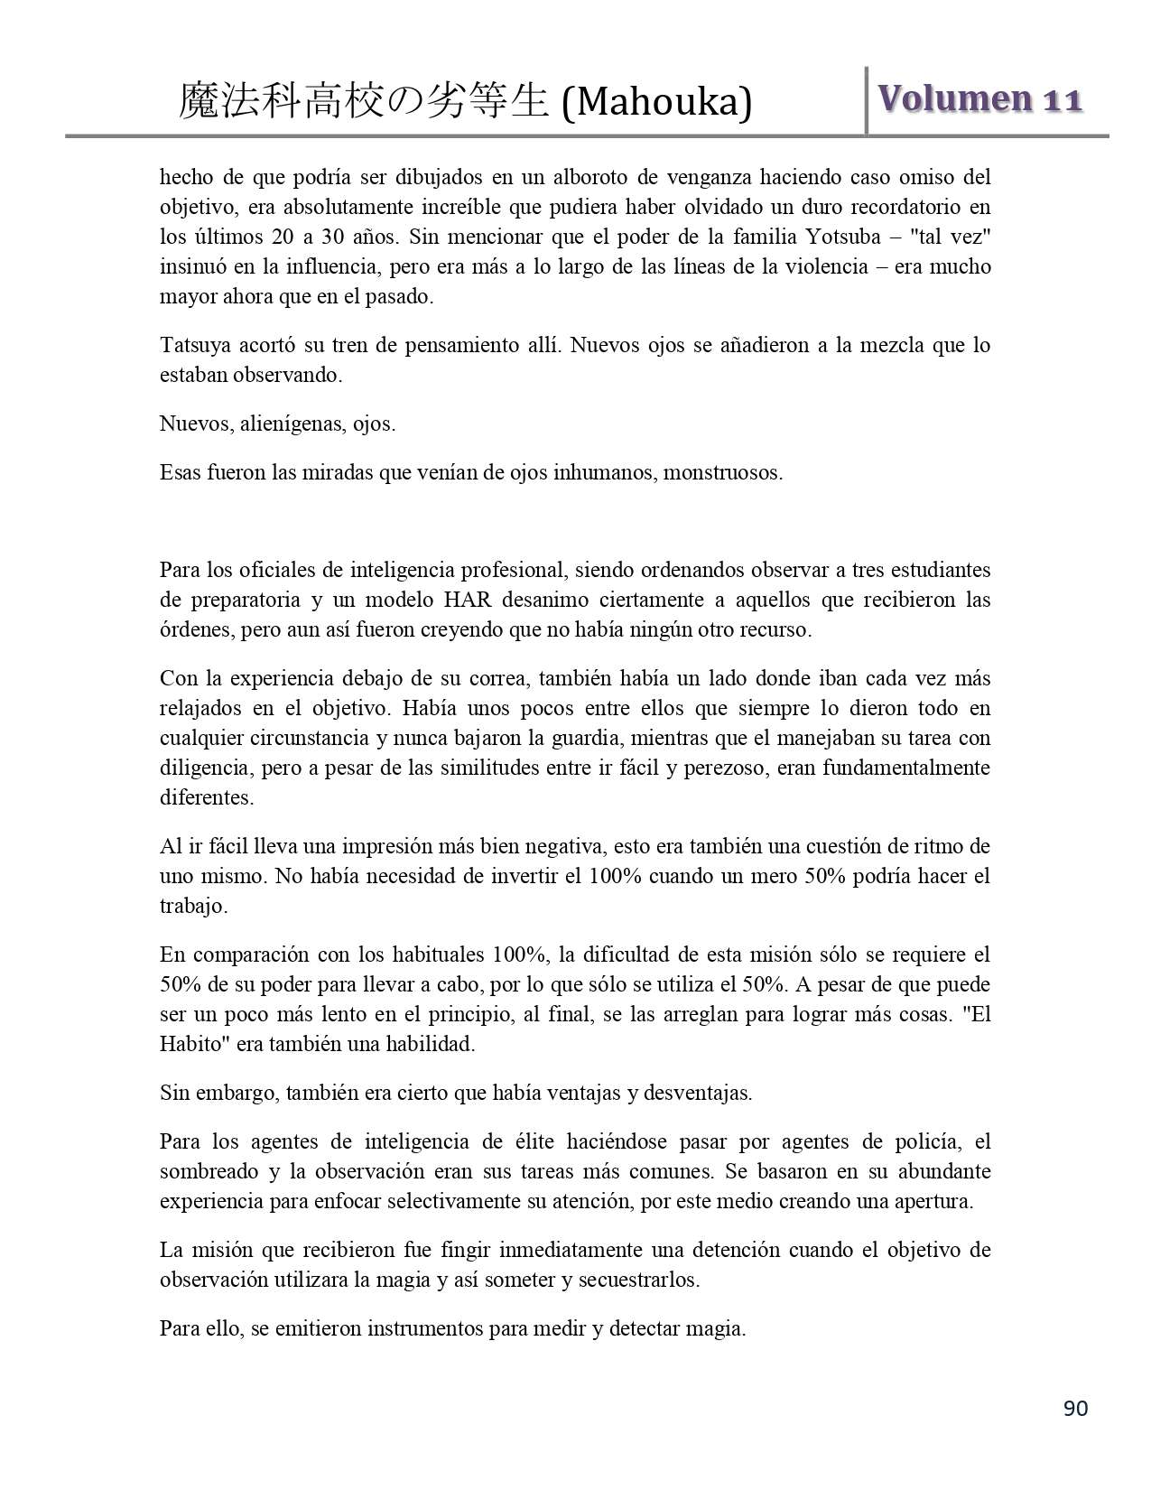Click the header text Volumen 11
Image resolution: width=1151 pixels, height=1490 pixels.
tap(979, 99)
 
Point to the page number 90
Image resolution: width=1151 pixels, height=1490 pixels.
tap(1075, 1408)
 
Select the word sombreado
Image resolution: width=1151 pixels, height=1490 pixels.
tap(205, 1171)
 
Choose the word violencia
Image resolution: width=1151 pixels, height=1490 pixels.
tap(822, 266)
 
